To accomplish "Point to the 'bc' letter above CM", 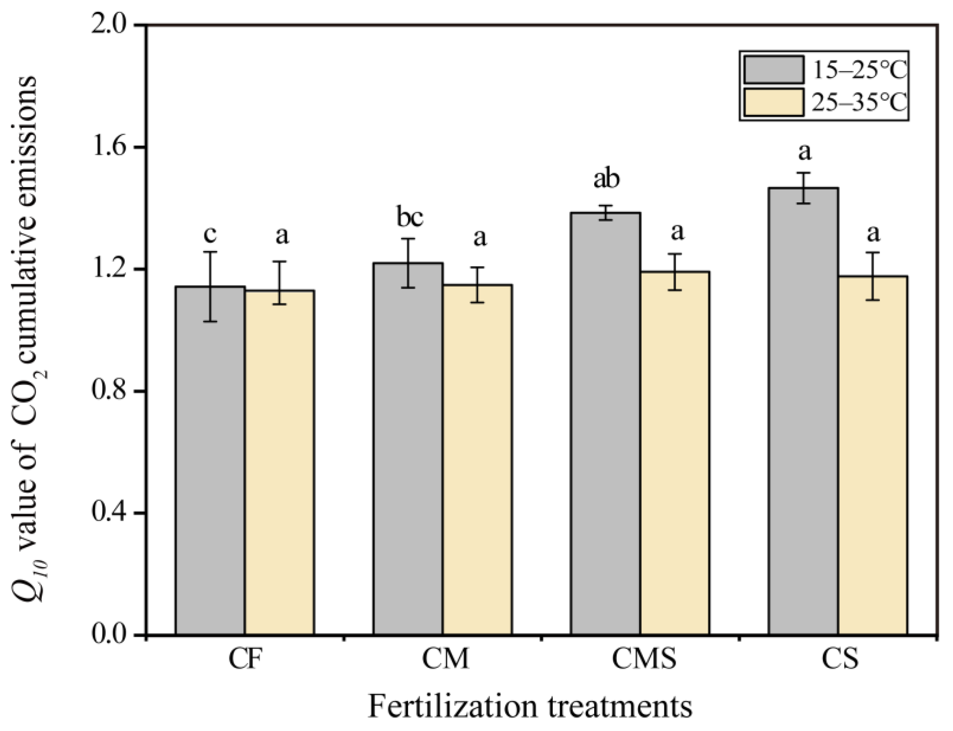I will pos(409,217).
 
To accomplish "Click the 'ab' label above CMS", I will pos(606,179).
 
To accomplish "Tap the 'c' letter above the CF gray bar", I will pos(210,235).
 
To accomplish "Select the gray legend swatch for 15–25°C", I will pos(773,69).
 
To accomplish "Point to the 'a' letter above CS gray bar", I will pos(805,152).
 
